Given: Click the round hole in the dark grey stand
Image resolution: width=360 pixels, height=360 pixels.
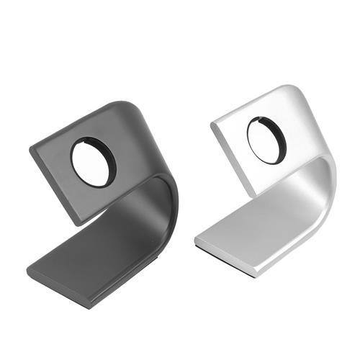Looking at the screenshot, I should coord(92,162).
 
